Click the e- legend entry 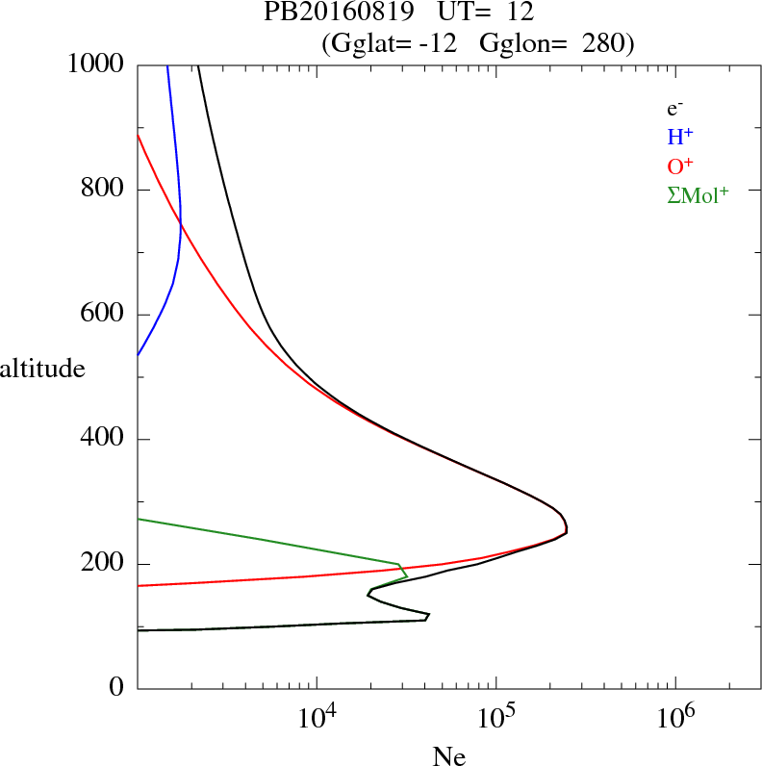coord(675,108)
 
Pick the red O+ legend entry coord(679,165)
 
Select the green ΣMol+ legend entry coord(698,193)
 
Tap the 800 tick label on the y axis coord(105,190)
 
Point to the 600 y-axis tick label coord(105,315)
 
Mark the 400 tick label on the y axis coord(105,440)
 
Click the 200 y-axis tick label coord(105,564)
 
